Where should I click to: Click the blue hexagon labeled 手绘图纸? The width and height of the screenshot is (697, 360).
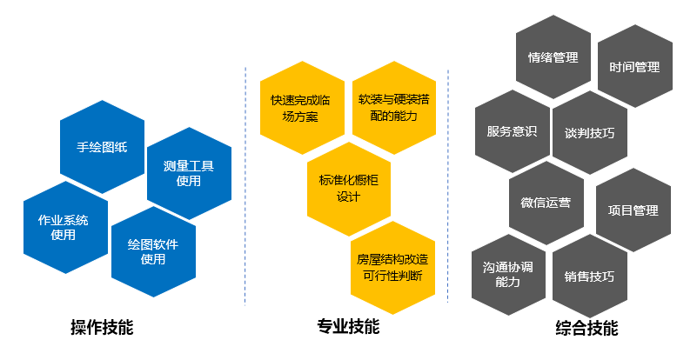[103, 146]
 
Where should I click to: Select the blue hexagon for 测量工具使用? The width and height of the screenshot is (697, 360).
[189, 173]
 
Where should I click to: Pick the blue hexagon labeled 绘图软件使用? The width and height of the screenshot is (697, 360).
[153, 251]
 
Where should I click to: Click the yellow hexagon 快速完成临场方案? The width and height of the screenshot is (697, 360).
[302, 107]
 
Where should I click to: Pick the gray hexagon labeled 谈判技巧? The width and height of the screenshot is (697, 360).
[589, 133]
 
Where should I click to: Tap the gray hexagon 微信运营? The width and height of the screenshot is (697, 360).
[546, 203]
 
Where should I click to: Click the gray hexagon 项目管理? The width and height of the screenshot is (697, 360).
[633, 210]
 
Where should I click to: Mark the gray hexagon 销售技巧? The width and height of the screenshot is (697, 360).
[589, 277]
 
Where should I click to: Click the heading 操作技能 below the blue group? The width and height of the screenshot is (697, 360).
[102, 328]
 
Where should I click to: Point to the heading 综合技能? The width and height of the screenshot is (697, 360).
[586, 329]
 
